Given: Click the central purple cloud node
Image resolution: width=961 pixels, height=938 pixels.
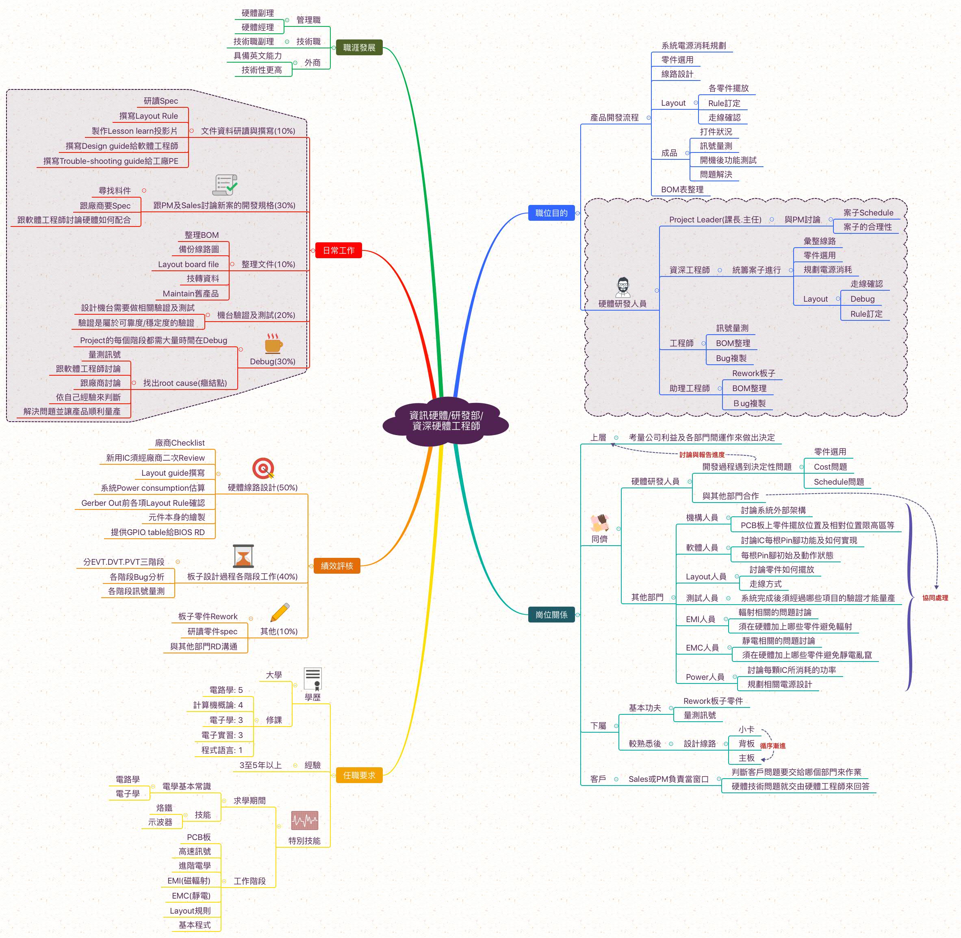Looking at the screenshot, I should click(445, 421).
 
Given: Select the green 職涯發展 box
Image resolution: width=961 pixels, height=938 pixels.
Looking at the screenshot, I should click(359, 47).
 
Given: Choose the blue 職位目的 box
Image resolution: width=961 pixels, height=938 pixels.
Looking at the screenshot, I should click(551, 213).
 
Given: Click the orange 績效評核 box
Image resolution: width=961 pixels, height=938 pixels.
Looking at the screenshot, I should click(337, 566).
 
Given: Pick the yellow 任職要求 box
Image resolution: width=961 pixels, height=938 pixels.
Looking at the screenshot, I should click(359, 775).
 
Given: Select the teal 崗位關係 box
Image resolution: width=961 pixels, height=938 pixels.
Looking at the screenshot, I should click(551, 614).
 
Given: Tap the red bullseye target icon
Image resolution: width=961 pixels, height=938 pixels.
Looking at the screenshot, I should click(263, 468).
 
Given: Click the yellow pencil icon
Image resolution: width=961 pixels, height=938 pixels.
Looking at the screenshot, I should click(280, 612).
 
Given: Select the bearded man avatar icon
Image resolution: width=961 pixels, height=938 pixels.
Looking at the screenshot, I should click(623, 287).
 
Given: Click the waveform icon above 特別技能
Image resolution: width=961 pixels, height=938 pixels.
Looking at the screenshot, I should click(304, 820).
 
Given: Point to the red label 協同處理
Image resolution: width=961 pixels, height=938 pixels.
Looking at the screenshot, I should click(935, 598).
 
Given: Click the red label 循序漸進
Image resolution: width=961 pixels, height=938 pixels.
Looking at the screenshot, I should click(772, 746).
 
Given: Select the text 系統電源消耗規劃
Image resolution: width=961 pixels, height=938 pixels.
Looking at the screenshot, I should click(693, 45).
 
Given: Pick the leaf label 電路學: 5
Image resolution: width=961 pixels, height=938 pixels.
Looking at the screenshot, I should click(226, 690).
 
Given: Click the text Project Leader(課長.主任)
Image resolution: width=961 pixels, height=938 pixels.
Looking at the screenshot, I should click(715, 220).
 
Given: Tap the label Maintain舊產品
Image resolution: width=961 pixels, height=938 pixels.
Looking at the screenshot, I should click(191, 294).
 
